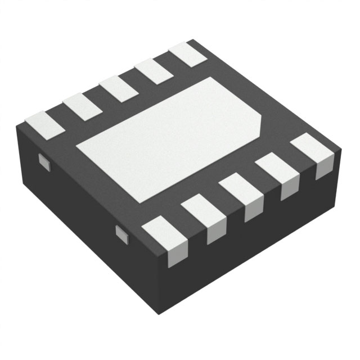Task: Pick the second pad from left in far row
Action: (x=82, y=107)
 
